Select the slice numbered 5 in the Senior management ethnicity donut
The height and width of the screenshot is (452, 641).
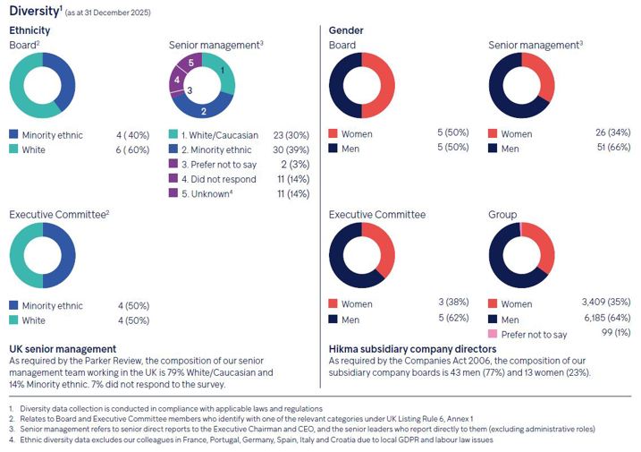pos(190,64)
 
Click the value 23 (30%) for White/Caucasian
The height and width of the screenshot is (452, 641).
pos(283,135)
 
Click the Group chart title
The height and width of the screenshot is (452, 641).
pos(502,215)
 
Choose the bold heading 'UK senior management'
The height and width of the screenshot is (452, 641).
pos(63,347)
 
